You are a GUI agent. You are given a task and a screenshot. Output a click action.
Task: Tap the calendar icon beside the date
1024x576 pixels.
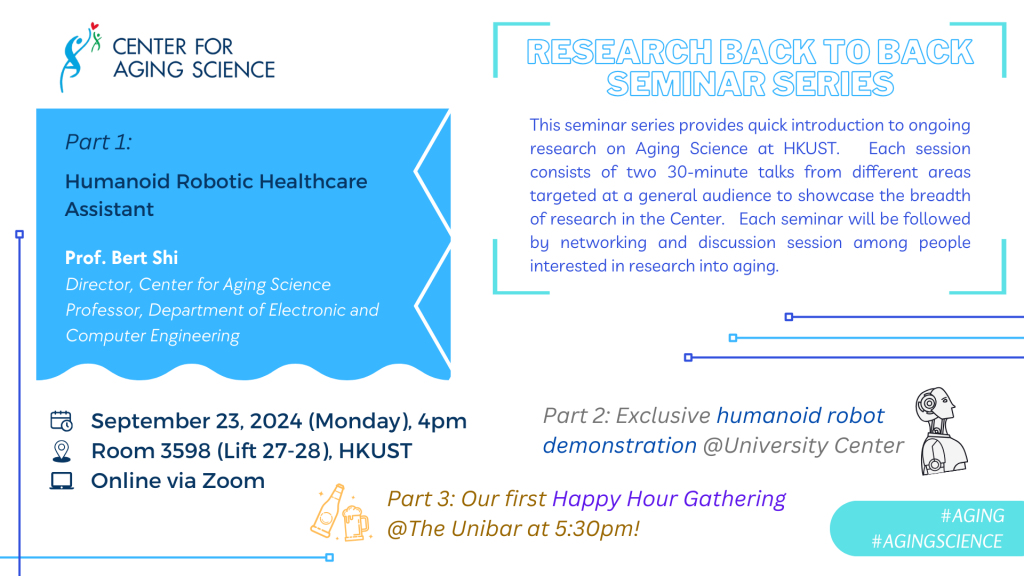coord(61,421)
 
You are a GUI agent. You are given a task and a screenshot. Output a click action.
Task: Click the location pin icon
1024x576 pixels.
coord(61,451)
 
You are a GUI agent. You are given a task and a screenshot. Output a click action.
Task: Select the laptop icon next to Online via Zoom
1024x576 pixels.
coord(61,481)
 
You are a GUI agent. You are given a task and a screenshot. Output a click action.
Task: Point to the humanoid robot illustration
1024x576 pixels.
coord(941,430)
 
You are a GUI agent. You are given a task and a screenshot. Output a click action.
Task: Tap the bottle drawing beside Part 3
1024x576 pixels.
coord(327,511)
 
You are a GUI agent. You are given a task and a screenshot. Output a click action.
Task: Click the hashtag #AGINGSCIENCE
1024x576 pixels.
coord(936,541)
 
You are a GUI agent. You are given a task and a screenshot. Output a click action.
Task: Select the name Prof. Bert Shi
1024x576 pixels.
coord(121,258)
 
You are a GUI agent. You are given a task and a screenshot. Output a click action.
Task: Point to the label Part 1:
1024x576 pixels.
coord(99,142)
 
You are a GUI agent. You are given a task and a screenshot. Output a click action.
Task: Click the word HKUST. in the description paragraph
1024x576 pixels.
coord(811,148)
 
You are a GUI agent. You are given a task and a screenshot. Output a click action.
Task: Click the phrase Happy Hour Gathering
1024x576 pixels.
coord(669,499)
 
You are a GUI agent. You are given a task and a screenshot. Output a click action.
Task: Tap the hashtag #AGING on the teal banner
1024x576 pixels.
coord(972,516)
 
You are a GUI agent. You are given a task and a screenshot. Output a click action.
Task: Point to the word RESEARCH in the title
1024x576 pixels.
coord(619,52)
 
